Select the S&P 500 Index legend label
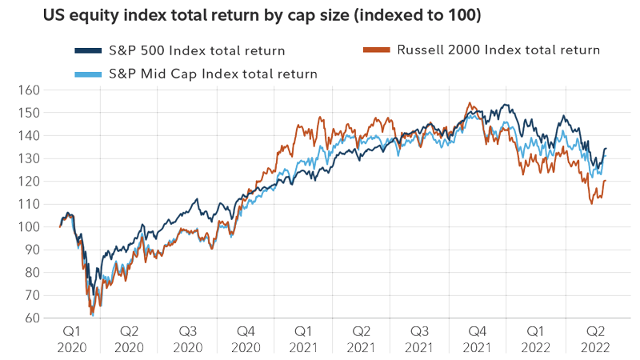(x=197, y=51)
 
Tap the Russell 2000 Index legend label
(x=498, y=50)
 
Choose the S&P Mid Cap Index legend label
(x=211, y=74)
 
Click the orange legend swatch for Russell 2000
(x=378, y=50)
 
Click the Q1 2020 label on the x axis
(x=70, y=338)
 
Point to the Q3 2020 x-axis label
(x=187, y=338)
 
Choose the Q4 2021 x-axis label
(x=477, y=338)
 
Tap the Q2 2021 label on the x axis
(x=362, y=338)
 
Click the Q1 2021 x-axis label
(x=303, y=338)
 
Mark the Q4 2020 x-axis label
(x=245, y=338)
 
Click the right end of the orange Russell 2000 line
(x=605, y=181)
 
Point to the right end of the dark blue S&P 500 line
(x=606, y=149)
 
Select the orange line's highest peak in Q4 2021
(x=469, y=103)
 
